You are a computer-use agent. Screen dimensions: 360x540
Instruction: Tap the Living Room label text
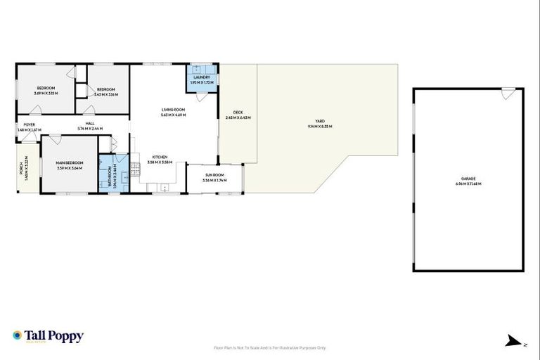click(x=173, y=110)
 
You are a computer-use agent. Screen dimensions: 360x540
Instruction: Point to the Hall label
click(x=90, y=124)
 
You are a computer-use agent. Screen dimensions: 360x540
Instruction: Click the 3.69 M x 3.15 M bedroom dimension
click(x=46, y=93)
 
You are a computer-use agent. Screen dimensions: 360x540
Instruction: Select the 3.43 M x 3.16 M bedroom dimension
click(x=106, y=93)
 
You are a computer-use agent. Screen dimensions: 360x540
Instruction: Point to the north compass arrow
click(x=510, y=342)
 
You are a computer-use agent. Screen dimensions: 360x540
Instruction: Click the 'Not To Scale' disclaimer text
click(x=269, y=347)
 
